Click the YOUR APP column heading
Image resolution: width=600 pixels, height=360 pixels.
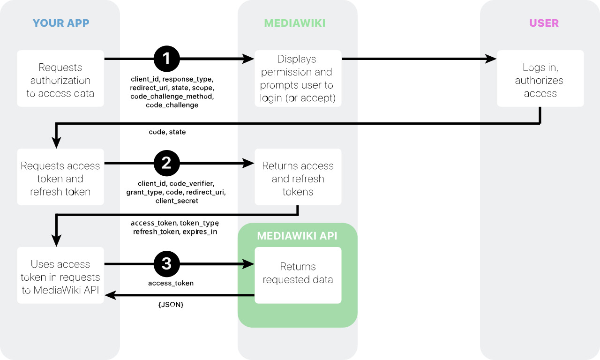61,23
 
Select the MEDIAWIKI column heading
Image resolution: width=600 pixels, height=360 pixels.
295,23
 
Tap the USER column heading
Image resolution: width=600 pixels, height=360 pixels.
544,23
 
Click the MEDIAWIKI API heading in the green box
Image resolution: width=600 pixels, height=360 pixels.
297,236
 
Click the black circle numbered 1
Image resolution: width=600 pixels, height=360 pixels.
166,59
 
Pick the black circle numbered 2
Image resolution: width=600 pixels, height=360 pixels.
166,163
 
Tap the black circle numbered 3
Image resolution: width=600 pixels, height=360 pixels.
166,264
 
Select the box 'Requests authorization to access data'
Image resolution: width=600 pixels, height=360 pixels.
60,78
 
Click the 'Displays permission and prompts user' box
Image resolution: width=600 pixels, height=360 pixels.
298,78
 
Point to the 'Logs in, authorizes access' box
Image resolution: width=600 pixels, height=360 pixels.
540,78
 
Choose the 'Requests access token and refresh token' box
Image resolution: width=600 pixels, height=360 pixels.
60,177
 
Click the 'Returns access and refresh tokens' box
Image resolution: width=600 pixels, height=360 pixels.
298,177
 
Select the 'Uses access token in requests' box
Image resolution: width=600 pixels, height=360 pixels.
60,275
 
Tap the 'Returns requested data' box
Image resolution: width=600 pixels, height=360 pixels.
298,275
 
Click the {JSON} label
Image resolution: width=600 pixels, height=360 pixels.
171,305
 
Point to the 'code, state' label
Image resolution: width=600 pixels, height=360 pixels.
167,132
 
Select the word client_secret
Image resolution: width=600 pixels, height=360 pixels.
177,201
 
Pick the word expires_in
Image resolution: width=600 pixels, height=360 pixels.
200,232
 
